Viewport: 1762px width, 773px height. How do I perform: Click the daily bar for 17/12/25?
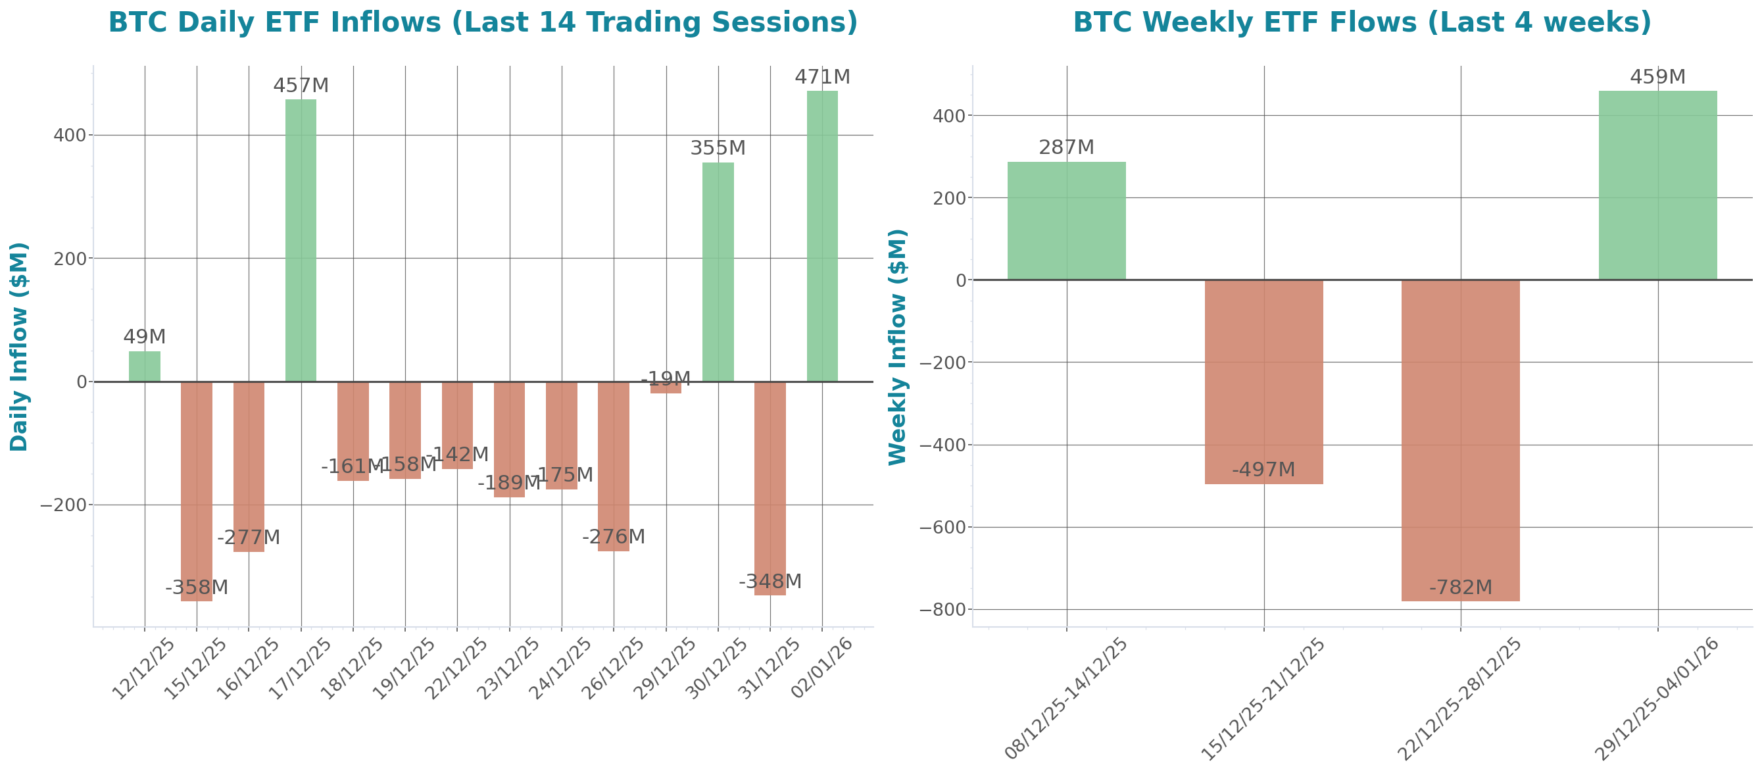(x=301, y=239)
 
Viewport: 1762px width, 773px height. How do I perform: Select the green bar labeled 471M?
(x=821, y=236)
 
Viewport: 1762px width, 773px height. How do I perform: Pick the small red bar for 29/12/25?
(x=666, y=388)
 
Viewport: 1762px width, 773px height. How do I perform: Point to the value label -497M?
(x=1263, y=470)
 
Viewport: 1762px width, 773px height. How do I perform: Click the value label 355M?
(x=718, y=148)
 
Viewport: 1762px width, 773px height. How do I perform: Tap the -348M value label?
(x=770, y=582)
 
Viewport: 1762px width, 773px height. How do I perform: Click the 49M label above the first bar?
(x=144, y=337)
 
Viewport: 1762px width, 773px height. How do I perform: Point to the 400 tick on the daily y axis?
(x=70, y=136)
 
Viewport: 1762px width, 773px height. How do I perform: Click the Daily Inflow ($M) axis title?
(x=19, y=347)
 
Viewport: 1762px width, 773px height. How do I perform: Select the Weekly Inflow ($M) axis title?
(x=896, y=347)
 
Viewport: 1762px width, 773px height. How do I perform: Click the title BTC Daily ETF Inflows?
(x=483, y=22)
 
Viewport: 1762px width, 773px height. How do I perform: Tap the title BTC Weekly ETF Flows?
(x=1362, y=22)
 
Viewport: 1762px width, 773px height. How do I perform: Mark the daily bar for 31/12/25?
(x=770, y=488)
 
